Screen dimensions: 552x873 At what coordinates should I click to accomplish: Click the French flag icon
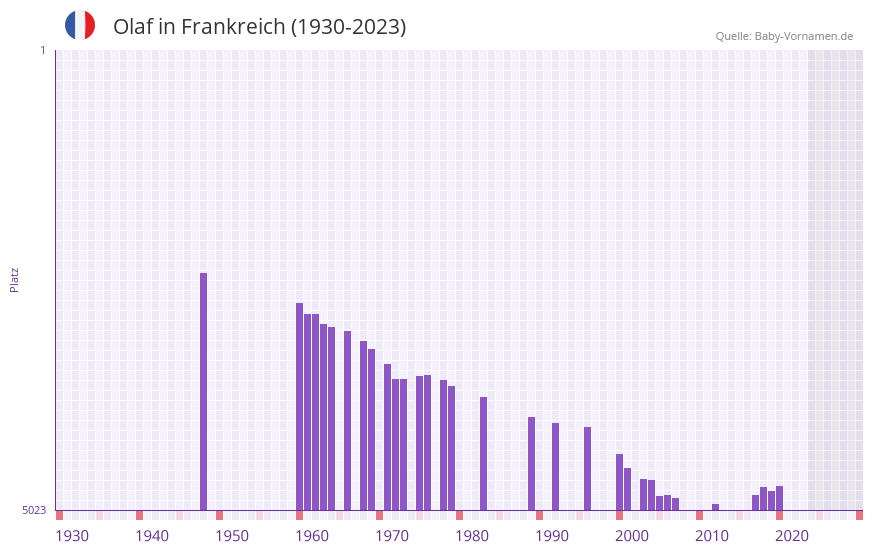[80, 25]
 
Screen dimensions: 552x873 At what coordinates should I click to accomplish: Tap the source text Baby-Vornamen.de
[803, 36]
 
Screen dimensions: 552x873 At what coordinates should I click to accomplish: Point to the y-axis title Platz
[14, 279]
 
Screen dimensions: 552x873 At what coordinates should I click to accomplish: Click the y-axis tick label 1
[42, 50]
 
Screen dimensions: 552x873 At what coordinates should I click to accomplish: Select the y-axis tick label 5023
[34, 510]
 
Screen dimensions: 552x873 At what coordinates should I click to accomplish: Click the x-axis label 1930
[72, 536]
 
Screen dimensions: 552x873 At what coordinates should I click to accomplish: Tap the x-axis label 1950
[232, 536]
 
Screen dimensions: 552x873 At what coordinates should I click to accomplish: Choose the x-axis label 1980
[472, 536]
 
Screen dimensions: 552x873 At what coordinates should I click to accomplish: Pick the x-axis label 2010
[712, 536]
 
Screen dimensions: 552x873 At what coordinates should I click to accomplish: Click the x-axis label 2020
[792, 536]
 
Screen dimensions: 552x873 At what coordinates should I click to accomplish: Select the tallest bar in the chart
[203, 391]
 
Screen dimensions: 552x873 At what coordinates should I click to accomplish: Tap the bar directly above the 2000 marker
[619, 482]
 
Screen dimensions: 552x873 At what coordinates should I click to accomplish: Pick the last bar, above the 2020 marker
[779, 498]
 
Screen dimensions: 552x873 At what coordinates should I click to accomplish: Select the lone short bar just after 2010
[715, 507]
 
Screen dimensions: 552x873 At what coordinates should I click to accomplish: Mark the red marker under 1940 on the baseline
[139, 515]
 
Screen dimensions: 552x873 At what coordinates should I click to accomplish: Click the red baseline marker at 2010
[699, 515]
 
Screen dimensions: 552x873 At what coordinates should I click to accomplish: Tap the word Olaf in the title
[133, 27]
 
